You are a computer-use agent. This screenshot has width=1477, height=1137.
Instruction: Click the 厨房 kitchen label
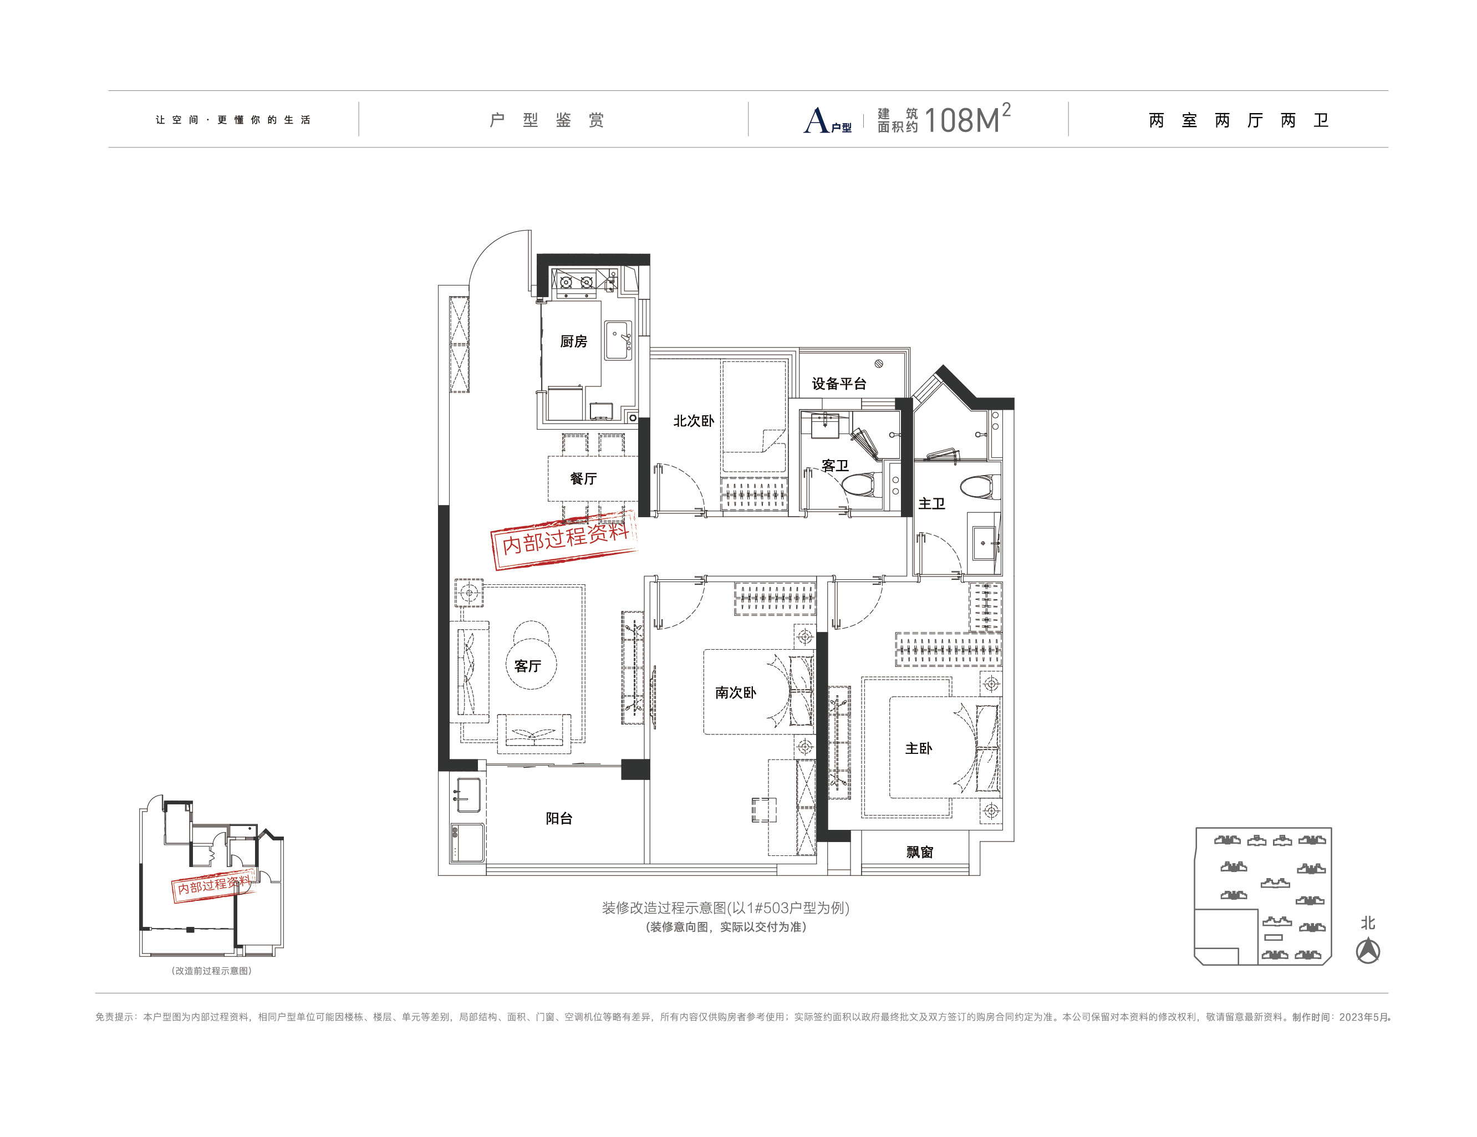point(573,341)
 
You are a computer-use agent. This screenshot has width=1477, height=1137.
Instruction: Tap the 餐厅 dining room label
point(584,479)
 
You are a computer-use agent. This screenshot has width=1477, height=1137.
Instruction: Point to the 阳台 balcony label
point(559,818)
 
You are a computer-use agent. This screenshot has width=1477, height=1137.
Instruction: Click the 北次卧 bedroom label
point(694,421)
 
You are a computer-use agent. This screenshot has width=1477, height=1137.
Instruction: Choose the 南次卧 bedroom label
point(736,692)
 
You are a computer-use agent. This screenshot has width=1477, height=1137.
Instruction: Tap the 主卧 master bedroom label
point(919,748)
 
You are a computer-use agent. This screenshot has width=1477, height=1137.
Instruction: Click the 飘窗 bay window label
point(920,852)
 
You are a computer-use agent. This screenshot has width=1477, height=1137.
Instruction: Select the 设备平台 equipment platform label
point(839,384)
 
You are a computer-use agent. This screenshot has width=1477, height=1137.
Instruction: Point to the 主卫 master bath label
point(932,503)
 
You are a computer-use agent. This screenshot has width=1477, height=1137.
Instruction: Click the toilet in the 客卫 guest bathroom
point(861,483)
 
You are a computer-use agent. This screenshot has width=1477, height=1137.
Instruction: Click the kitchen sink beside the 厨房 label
point(618,340)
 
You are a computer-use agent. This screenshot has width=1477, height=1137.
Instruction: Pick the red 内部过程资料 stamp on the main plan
point(564,539)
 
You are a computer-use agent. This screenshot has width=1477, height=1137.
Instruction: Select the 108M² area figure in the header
point(967,119)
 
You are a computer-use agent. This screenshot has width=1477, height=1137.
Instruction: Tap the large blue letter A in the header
point(816,120)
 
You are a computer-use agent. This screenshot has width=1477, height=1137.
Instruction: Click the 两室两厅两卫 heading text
point(1239,120)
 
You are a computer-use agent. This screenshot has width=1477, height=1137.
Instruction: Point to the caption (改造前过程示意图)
point(212,971)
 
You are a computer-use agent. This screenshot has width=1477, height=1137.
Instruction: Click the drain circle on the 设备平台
point(879,363)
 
